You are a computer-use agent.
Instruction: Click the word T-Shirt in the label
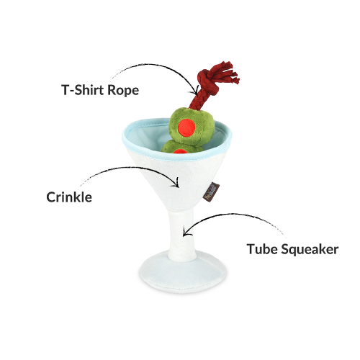83,90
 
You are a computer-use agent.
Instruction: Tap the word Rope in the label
123,91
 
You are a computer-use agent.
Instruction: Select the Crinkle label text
69,197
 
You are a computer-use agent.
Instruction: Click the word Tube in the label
262,249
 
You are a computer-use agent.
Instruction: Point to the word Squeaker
310,250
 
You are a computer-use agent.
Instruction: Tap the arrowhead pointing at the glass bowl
176,183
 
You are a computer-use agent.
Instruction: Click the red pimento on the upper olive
186,127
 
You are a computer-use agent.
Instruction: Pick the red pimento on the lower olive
181,151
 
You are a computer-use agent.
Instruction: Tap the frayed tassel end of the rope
228,72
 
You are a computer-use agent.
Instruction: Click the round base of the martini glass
183,271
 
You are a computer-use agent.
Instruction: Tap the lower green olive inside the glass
180,147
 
